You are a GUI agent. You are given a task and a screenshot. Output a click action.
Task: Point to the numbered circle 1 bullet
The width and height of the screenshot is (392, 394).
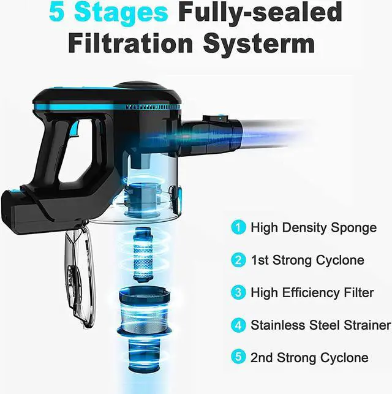238,227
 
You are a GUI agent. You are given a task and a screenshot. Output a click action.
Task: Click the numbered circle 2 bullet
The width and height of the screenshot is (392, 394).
238,260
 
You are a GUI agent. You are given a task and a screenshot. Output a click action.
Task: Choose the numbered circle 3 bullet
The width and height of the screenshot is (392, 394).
238,292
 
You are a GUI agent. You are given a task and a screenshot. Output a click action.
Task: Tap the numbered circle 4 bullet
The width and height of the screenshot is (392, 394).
238,325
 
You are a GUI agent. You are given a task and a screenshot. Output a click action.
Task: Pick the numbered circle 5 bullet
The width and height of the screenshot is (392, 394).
238,357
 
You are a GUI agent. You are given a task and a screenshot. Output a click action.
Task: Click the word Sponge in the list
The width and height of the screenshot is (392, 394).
353,228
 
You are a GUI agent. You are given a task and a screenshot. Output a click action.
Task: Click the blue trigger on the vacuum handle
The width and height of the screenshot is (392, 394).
74,129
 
